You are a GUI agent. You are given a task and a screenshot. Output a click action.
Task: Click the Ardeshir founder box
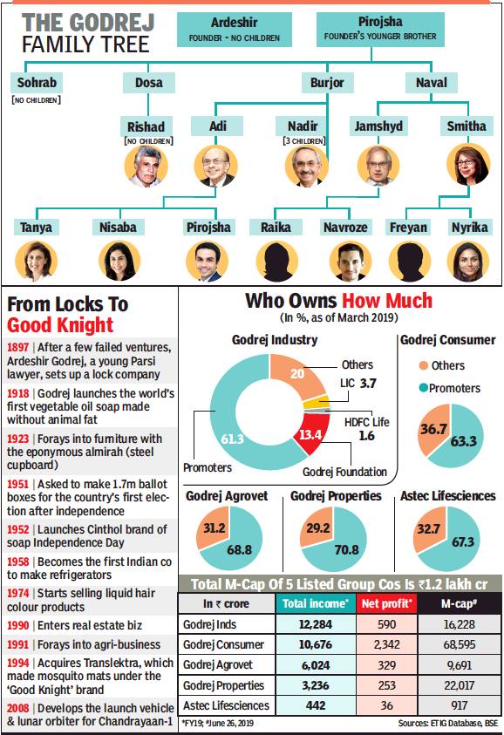click(x=235, y=29)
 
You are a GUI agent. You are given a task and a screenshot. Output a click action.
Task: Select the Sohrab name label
click(x=37, y=83)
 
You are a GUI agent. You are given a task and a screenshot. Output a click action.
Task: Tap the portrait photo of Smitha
click(x=468, y=165)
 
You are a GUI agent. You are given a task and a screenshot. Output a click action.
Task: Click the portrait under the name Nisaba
click(x=119, y=261)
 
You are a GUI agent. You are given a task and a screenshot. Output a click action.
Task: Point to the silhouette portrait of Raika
click(x=276, y=261)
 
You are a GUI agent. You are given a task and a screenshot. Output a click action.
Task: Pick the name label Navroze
click(x=345, y=228)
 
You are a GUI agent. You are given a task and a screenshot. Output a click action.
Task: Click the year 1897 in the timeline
click(x=17, y=347)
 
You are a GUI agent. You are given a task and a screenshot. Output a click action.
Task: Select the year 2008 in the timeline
click(x=17, y=708)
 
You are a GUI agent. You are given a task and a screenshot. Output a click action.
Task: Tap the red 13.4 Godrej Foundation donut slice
click(x=310, y=433)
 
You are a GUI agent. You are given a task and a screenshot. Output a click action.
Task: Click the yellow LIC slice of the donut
click(x=317, y=402)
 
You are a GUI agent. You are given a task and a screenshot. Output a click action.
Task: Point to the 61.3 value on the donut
click(x=233, y=439)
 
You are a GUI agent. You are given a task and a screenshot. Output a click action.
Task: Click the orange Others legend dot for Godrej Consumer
click(x=424, y=365)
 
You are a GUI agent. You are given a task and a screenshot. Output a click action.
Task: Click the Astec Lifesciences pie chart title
click(x=447, y=496)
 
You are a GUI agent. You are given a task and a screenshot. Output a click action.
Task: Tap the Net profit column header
click(x=386, y=603)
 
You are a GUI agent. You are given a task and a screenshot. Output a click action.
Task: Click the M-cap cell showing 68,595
click(x=459, y=644)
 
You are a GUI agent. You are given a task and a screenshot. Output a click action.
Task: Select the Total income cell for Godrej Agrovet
click(x=316, y=665)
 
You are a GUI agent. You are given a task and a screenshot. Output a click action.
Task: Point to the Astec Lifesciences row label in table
click(x=226, y=705)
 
